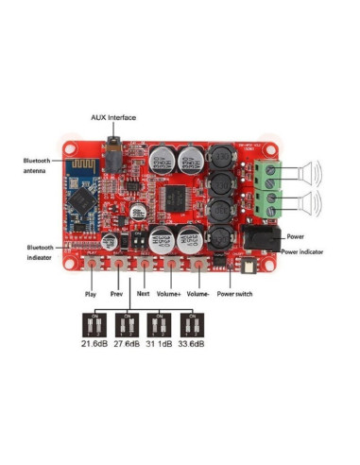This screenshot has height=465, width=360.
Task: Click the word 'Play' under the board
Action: [x=91, y=294]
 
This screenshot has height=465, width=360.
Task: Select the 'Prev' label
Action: [x=116, y=294]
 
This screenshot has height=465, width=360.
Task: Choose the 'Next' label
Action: [x=143, y=294]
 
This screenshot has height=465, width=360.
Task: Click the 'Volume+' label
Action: [x=171, y=294]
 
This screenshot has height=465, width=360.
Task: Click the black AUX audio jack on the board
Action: [x=115, y=155]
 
